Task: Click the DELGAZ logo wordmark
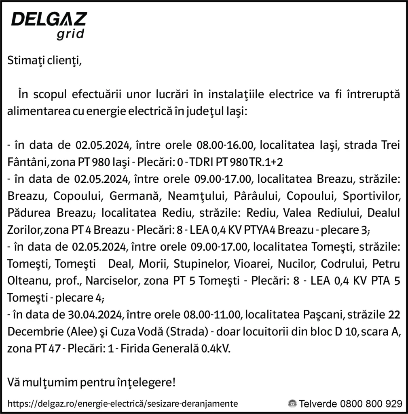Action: (49, 19)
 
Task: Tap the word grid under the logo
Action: (70, 34)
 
